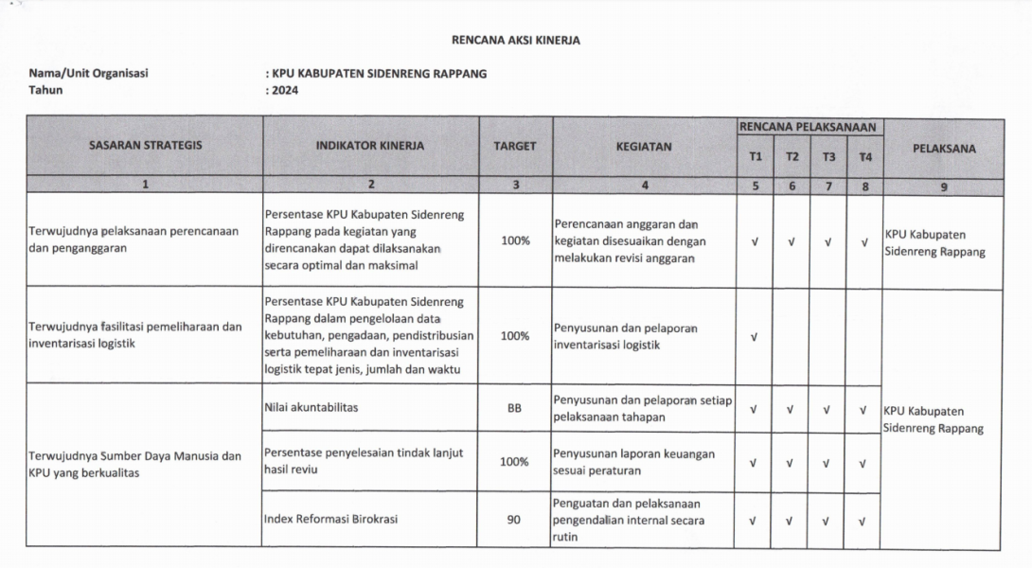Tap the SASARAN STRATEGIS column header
pos(145,147)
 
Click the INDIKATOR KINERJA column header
pos(371,147)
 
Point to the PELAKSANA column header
pos(944,149)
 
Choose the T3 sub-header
pos(828,157)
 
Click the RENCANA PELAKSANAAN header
pos(810,127)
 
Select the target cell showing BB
pos(515,410)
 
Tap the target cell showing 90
pos(515,519)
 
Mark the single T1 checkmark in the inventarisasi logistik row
pos(755,337)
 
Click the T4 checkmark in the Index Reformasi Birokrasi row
pos(864,520)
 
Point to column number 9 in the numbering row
pos(944,186)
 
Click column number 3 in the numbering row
pos(515,186)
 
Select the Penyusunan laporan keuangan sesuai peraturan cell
pos(634,462)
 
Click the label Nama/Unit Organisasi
pos(89,74)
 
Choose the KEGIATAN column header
pos(644,147)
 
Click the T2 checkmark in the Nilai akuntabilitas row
pos(792,410)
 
